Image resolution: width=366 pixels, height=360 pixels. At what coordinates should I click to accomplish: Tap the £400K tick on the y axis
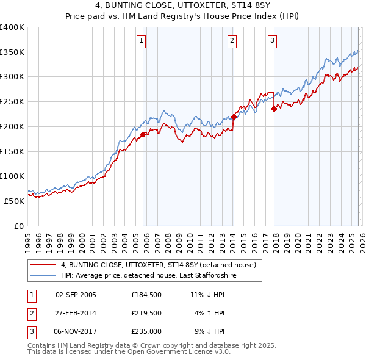12,27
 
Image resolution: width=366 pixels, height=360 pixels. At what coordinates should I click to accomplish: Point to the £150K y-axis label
12,151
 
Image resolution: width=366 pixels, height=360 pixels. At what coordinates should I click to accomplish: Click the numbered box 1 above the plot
141,41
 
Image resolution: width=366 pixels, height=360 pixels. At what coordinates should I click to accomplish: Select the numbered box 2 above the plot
232,41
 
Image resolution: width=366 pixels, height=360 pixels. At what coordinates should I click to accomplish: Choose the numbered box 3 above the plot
272,41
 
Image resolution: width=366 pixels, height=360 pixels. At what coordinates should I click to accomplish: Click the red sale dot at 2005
143,134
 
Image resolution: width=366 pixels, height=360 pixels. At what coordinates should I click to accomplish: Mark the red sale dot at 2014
234,117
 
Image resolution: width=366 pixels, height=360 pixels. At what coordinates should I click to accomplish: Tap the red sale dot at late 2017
274,109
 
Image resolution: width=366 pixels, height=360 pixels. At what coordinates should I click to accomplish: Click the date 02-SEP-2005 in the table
76,294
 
